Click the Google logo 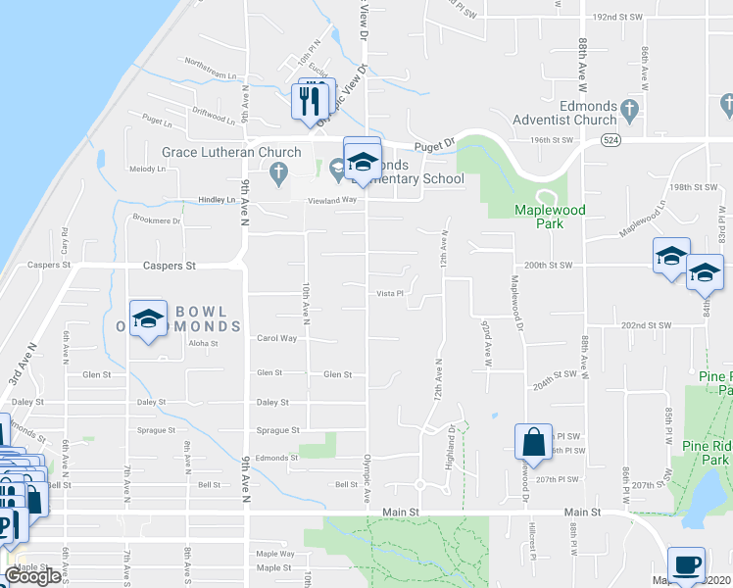pyautogui.click(x=33, y=576)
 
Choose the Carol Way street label pyautogui.click(x=276, y=338)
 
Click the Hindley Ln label pyautogui.click(x=218, y=199)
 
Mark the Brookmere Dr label pyautogui.click(x=157, y=220)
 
